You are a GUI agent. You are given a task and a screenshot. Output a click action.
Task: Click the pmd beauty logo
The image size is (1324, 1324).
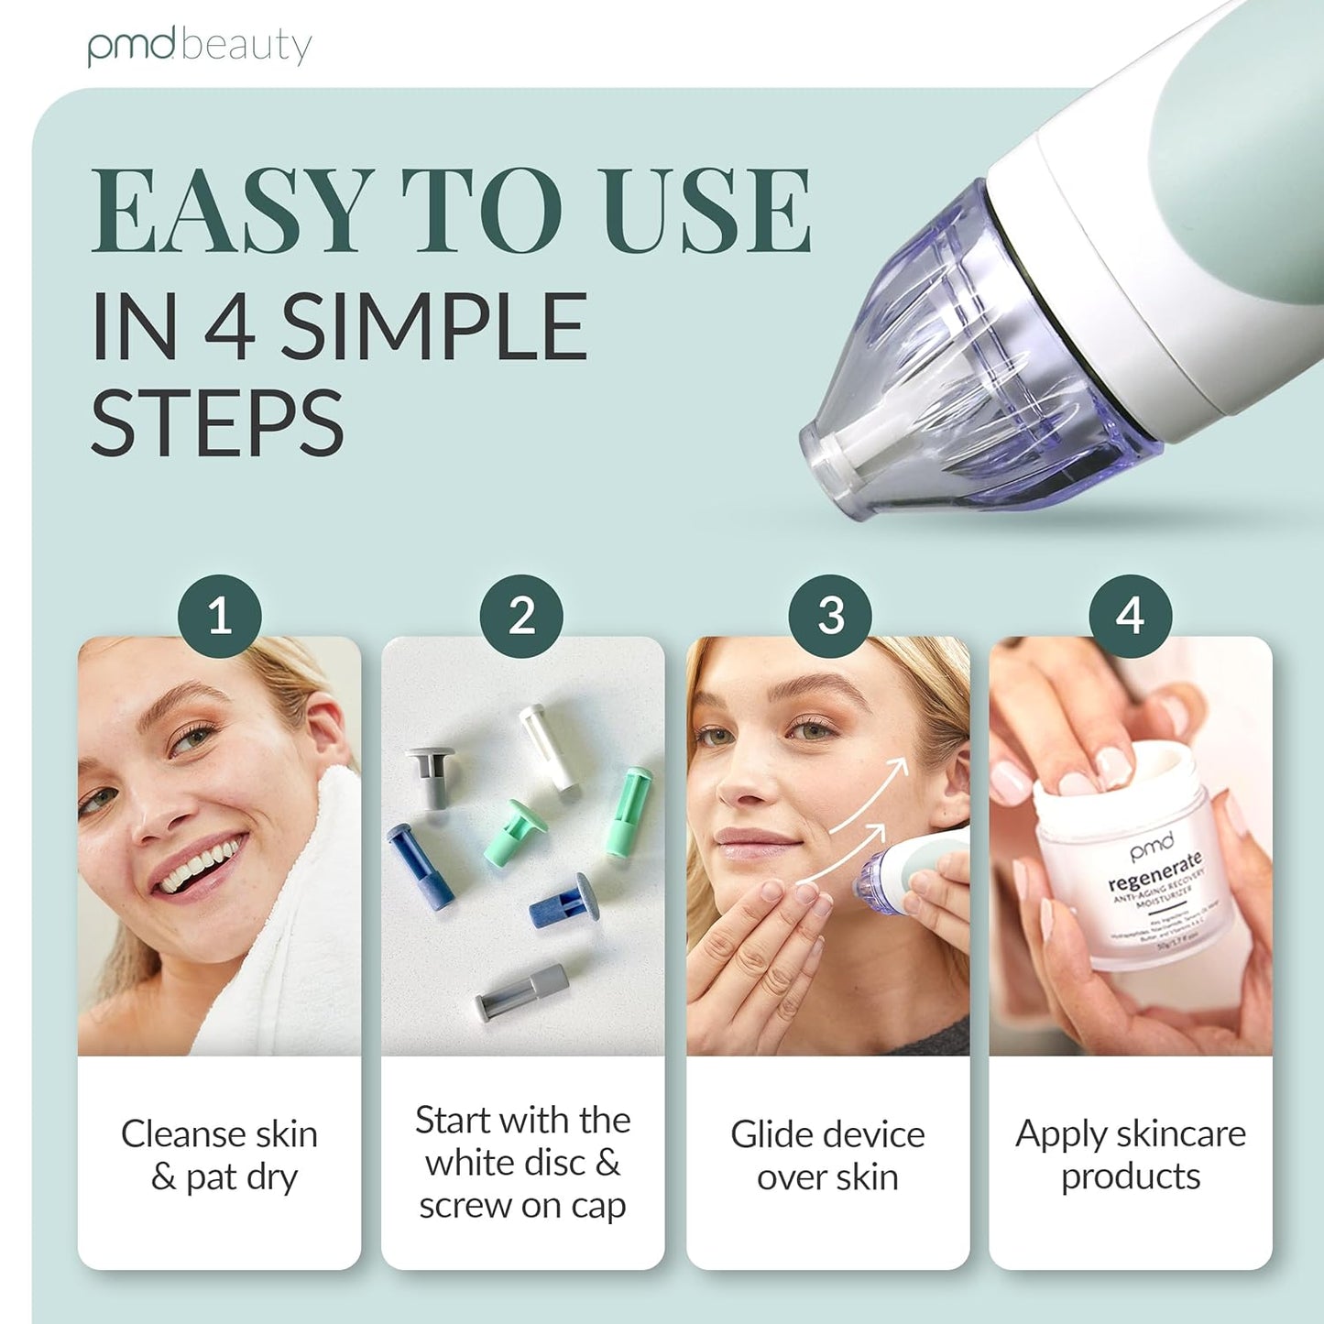point(200,47)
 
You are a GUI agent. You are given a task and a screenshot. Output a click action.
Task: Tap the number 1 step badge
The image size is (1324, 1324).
point(219,616)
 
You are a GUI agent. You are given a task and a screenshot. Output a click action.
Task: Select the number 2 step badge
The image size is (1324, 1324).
point(521,616)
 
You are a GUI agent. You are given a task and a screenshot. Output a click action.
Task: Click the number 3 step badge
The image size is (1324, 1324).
point(830,616)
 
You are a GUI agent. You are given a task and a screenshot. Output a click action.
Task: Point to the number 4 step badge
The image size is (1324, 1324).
point(1130,616)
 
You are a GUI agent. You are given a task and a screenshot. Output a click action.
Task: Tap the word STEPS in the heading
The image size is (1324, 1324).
point(217,423)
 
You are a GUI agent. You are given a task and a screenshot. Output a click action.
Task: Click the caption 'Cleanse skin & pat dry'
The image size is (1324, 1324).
point(219,1155)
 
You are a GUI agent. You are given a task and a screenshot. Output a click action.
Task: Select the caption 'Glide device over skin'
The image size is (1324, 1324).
point(827,1155)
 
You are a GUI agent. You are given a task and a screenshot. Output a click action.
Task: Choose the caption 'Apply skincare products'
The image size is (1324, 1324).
point(1130,1154)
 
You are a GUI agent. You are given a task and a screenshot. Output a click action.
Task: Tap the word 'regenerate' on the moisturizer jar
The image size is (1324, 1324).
point(1154,871)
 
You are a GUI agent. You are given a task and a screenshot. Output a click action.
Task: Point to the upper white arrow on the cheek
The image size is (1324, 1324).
point(875,788)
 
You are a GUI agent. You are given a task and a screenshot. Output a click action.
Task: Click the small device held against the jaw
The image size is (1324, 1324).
point(903,870)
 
